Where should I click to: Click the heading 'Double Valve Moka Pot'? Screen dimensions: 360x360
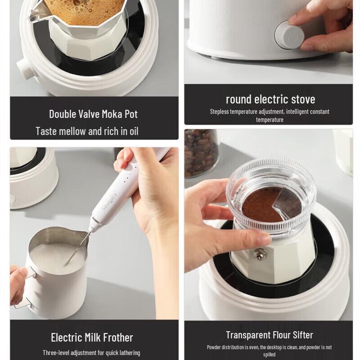tap(93, 114)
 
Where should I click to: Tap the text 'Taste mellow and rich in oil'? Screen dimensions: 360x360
tap(87, 131)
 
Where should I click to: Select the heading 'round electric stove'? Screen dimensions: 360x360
tap(270, 99)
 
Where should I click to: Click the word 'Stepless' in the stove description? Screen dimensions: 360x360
tap(220, 112)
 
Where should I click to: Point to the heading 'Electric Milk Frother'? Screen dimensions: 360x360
tap(92, 337)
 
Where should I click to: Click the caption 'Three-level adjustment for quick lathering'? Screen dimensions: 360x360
tap(91, 353)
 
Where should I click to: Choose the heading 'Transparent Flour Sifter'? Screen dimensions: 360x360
tap(269, 335)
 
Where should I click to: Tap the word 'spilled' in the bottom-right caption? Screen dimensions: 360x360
tap(270, 355)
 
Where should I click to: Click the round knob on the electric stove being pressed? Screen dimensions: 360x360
tap(288, 35)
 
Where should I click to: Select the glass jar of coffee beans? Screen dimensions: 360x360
tap(201, 153)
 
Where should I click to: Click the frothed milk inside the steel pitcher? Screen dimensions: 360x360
tap(56, 256)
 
